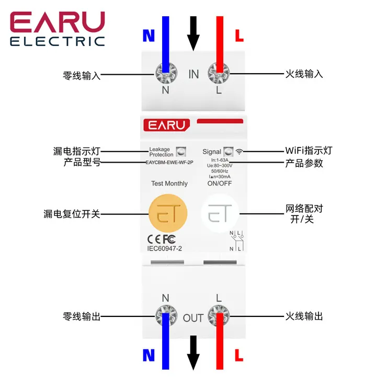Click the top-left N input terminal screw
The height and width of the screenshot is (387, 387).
pos(166,73)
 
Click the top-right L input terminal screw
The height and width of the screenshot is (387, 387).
pos(219,73)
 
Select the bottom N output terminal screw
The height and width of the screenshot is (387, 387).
pos(166,316)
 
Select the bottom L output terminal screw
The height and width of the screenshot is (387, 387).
pos(219,316)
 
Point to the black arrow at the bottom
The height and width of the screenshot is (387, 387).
pos(193,353)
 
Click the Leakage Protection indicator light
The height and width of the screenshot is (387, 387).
pos(181,152)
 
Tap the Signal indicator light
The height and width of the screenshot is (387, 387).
pos(228,151)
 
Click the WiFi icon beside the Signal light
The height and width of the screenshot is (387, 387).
pos(240,152)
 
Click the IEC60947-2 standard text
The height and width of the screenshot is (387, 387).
pos(165,248)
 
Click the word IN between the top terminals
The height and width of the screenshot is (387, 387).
pos(193,74)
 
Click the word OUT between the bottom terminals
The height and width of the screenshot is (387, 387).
pos(193,317)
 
